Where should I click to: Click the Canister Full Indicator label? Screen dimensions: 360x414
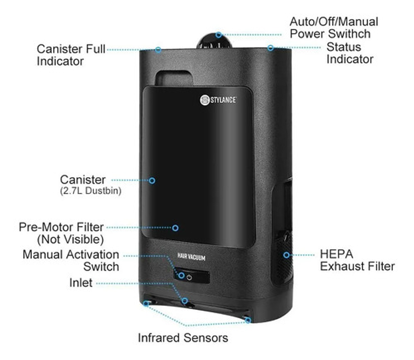71,55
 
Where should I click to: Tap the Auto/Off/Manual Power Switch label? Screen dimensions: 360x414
333,27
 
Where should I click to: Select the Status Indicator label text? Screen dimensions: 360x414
349,53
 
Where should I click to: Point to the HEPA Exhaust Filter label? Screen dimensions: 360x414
357,260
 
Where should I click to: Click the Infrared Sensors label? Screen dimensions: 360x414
183,338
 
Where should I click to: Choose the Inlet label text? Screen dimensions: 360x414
81,283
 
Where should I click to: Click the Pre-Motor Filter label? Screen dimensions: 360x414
61,232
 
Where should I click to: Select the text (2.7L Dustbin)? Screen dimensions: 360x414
91,191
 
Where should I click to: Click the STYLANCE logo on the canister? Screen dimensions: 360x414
218,100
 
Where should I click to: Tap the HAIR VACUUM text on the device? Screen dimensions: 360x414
191,258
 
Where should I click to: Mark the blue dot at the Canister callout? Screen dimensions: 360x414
152,180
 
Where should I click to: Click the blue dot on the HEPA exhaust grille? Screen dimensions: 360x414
286,255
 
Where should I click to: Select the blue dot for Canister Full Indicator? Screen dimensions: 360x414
158,50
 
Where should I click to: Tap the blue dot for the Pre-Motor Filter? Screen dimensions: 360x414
176,227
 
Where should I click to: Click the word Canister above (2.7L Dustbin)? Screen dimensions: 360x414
82,179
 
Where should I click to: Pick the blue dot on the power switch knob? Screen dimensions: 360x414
219,34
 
